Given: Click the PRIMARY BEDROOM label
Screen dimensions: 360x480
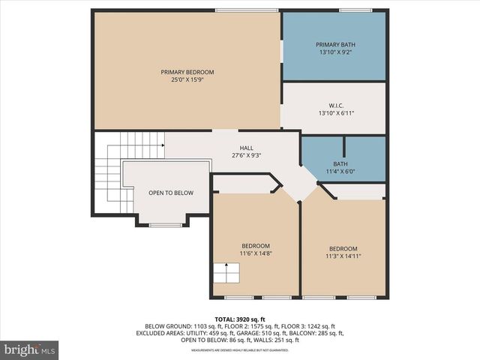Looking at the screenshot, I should click(187, 72).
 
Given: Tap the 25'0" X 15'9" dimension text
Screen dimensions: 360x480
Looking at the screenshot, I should click(187, 79).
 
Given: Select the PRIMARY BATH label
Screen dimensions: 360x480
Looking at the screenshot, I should click(335, 45).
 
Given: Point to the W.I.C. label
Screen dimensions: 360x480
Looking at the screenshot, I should click(335, 105).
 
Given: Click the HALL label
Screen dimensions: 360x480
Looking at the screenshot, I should click(246, 148).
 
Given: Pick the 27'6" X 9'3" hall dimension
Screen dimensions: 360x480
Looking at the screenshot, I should click(246, 155).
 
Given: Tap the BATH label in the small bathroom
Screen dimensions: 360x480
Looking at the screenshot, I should click(340, 163).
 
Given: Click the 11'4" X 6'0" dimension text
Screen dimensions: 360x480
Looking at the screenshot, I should click(340, 171).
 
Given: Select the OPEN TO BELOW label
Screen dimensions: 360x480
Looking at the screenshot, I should click(170, 193).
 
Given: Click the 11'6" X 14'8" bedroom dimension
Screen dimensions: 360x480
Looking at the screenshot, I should click(255, 253).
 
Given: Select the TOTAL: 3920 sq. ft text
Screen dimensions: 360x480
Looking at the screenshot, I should click(240, 319).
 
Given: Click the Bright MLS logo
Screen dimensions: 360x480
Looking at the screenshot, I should click(30, 349).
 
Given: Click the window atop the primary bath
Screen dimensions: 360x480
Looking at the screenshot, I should click(349, 10).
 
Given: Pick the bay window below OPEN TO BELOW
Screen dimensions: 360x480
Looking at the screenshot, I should click(165, 224).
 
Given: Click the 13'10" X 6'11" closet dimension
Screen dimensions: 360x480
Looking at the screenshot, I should click(335, 112).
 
